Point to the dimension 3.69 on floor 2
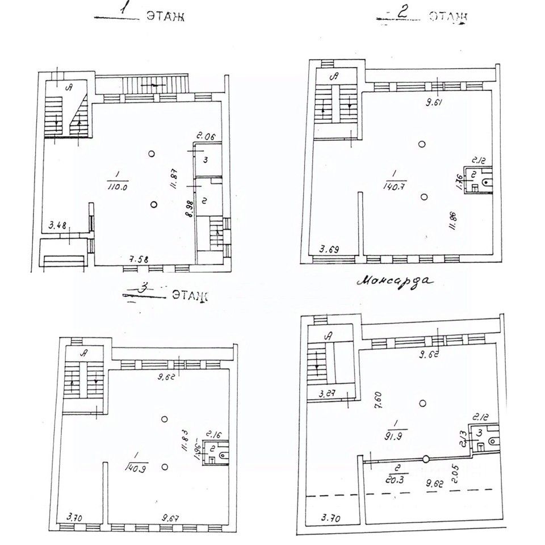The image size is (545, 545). [332, 248]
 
